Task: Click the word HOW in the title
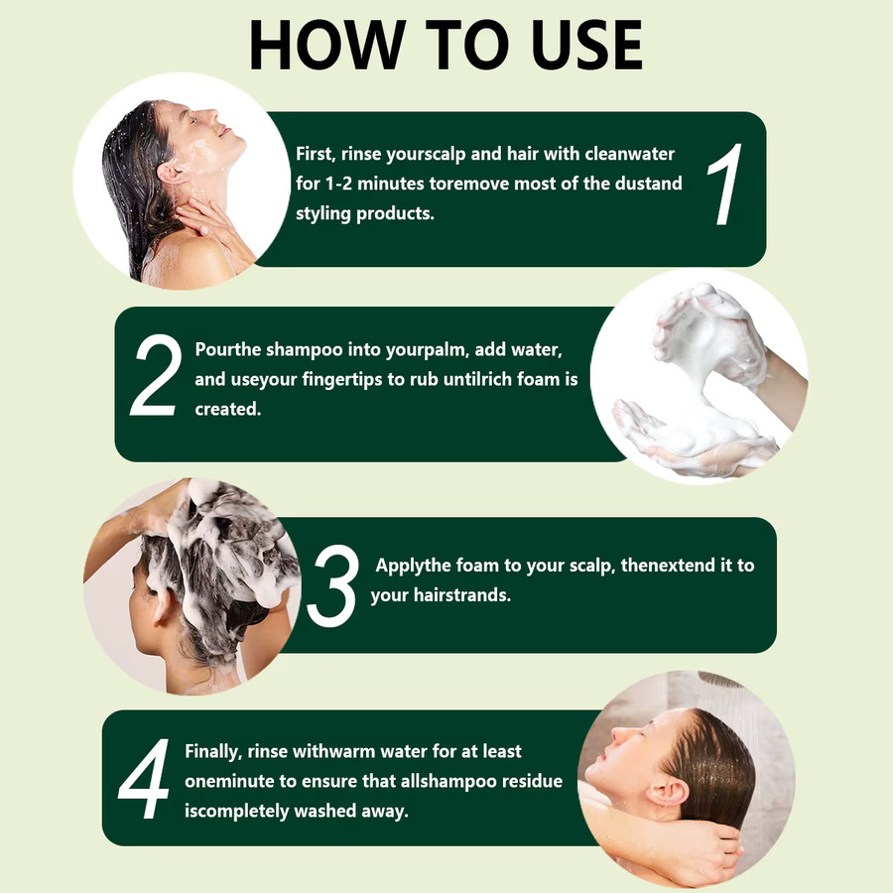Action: coord(327,45)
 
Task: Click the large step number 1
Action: coord(725,184)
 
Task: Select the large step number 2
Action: coord(156,375)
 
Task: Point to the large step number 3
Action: coord(333,585)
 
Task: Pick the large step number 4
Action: coord(144,779)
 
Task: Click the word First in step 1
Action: coord(315,155)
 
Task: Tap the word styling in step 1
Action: coord(322,214)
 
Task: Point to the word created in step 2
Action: coord(228,409)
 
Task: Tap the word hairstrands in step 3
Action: coord(461,595)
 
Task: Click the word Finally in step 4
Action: coord(213,752)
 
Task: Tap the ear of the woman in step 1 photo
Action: coord(170,172)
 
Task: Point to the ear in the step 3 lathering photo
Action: coord(161,603)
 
